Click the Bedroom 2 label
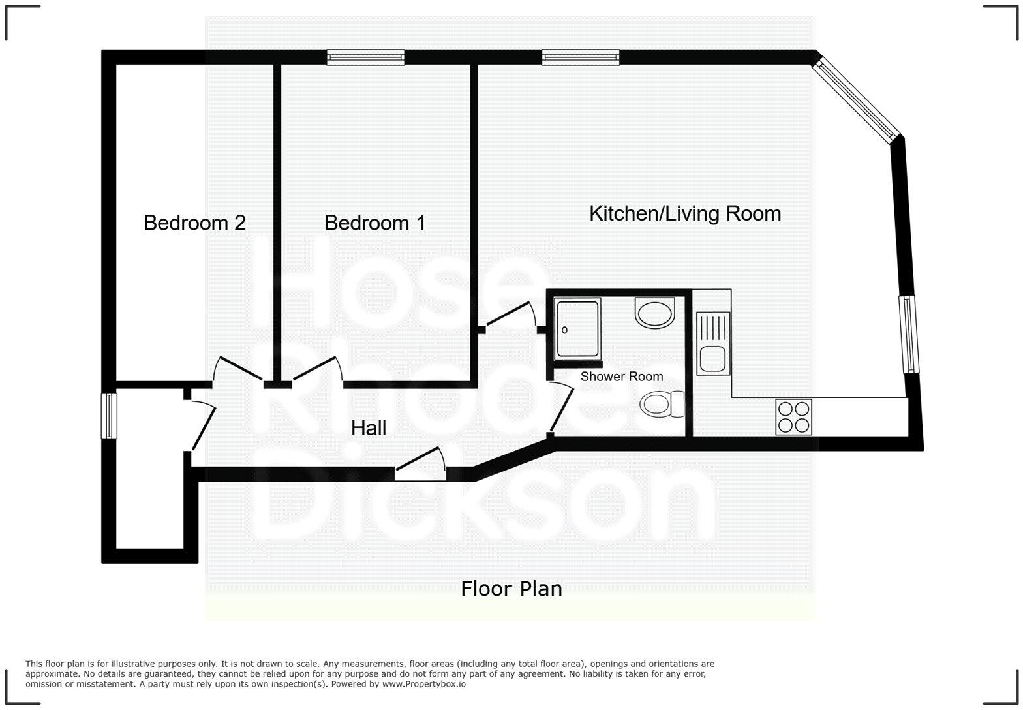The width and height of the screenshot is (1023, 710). pyautogui.click(x=194, y=223)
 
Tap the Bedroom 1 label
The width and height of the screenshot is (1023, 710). pyautogui.click(x=374, y=223)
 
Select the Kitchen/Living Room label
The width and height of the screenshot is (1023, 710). pyautogui.click(x=684, y=213)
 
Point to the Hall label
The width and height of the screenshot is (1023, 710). pyautogui.click(x=369, y=428)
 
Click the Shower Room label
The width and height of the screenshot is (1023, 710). pyautogui.click(x=621, y=377)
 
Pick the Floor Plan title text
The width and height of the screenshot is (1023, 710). pyautogui.click(x=511, y=589)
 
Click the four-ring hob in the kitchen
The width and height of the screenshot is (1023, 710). pyautogui.click(x=793, y=417)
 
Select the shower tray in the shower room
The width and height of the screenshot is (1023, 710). pyautogui.click(x=577, y=329)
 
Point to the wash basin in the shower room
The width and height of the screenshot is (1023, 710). pyautogui.click(x=654, y=313)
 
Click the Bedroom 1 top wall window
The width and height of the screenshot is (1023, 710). pyautogui.click(x=365, y=57)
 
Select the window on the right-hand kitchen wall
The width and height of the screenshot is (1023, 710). pyautogui.click(x=909, y=334)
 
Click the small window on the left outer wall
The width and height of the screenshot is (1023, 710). pyautogui.click(x=108, y=415)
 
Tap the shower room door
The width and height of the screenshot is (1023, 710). pyautogui.click(x=561, y=408)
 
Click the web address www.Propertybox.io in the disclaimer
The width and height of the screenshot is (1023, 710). pyautogui.click(x=423, y=684)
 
